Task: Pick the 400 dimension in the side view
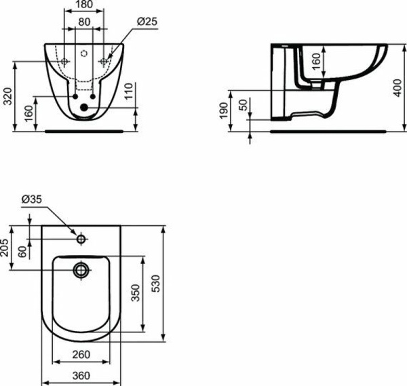(397, 86)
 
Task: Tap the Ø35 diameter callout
(32, 199)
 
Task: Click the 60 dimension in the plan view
(22, 252)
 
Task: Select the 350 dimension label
(135, 292)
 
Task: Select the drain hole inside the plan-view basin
(81, 269)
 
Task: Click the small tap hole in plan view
(81, 239)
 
